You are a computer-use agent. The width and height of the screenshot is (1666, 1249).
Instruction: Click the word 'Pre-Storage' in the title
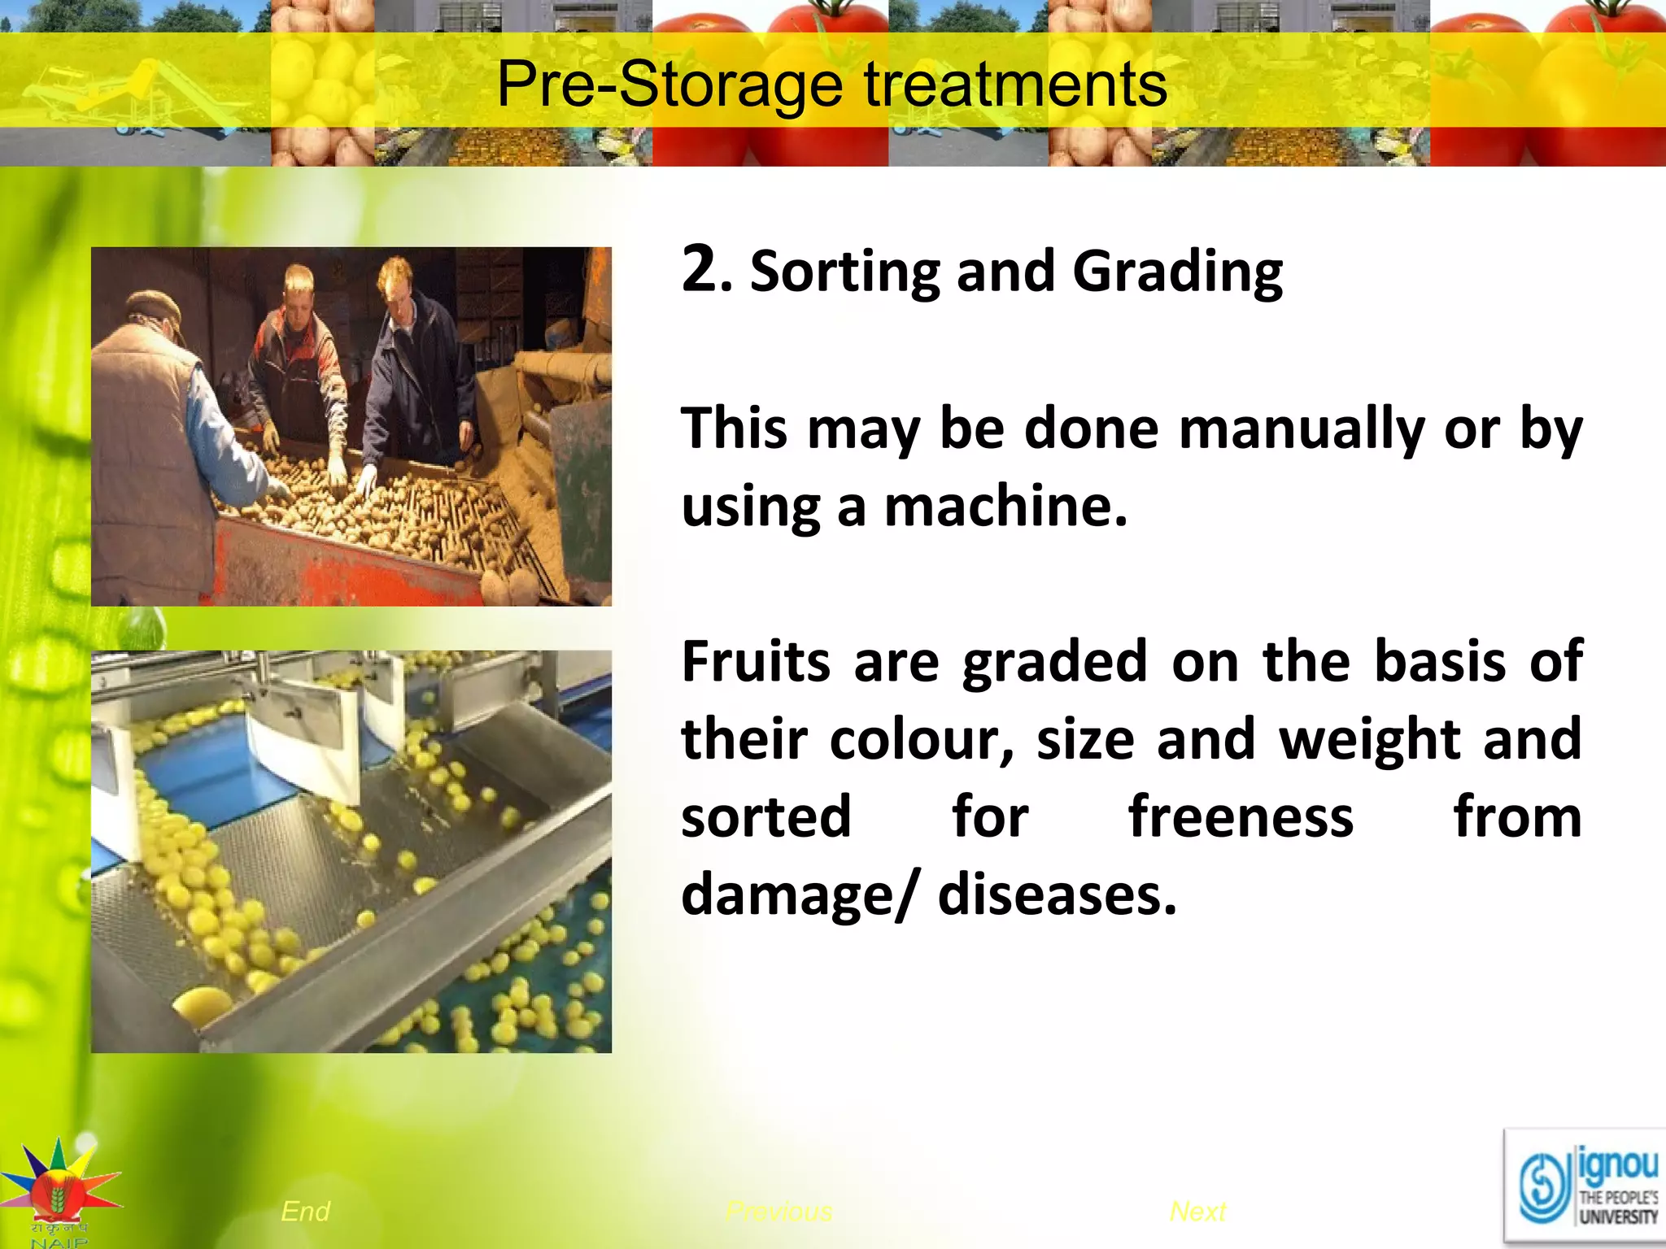click(x=669, y=84)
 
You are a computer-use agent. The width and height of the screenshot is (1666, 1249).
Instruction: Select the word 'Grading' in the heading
click(x=1177, y=272)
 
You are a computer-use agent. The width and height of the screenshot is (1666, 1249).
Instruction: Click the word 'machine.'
click(x=1005, y=507)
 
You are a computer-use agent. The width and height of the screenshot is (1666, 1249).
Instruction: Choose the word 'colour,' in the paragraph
click(x=921, y=740)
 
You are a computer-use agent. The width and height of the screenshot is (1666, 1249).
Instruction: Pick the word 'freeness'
click(x=1241, y=817)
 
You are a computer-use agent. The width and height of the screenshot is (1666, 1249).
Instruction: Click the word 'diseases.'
click(x=1057, y=894)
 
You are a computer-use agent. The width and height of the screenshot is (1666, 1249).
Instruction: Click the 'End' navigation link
click(x=305, y=1212)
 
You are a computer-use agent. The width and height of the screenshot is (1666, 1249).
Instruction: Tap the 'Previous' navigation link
click(x=778, y=1212)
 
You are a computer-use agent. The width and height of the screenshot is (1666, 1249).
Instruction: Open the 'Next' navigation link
click(x=1197, y=1212)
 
